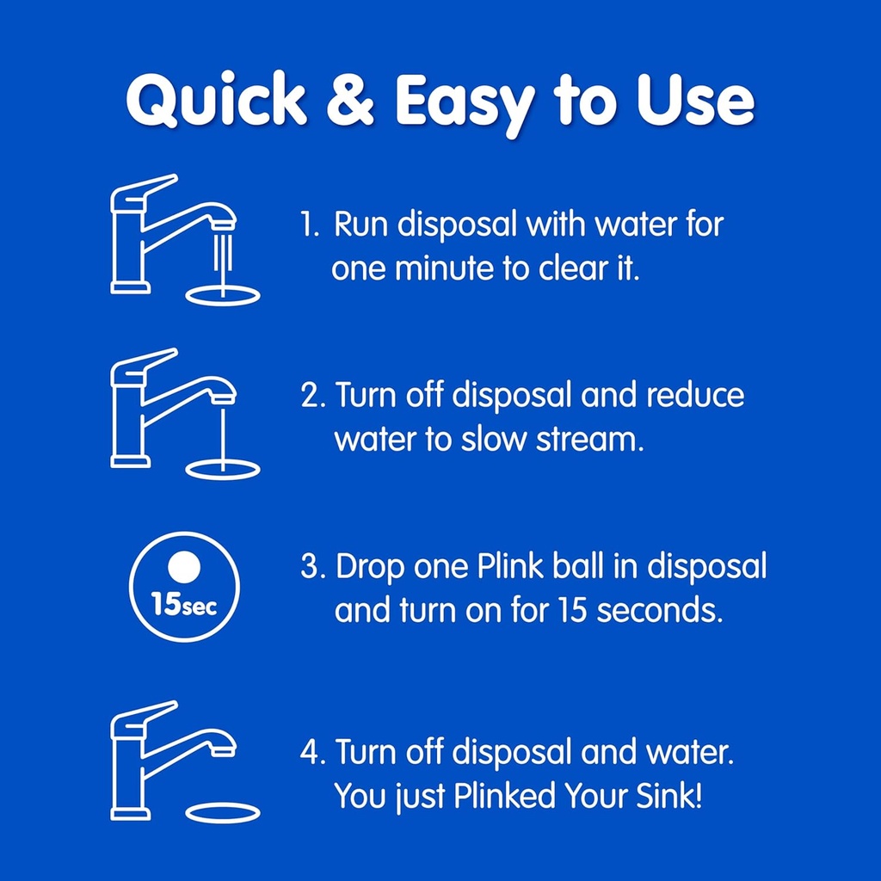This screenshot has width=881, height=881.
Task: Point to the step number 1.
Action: coord(309,226)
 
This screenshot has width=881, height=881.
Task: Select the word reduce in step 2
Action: coord(695,396)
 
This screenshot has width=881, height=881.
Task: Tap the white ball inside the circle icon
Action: coord(183,567)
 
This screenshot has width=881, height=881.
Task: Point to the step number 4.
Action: coord(311,753)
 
